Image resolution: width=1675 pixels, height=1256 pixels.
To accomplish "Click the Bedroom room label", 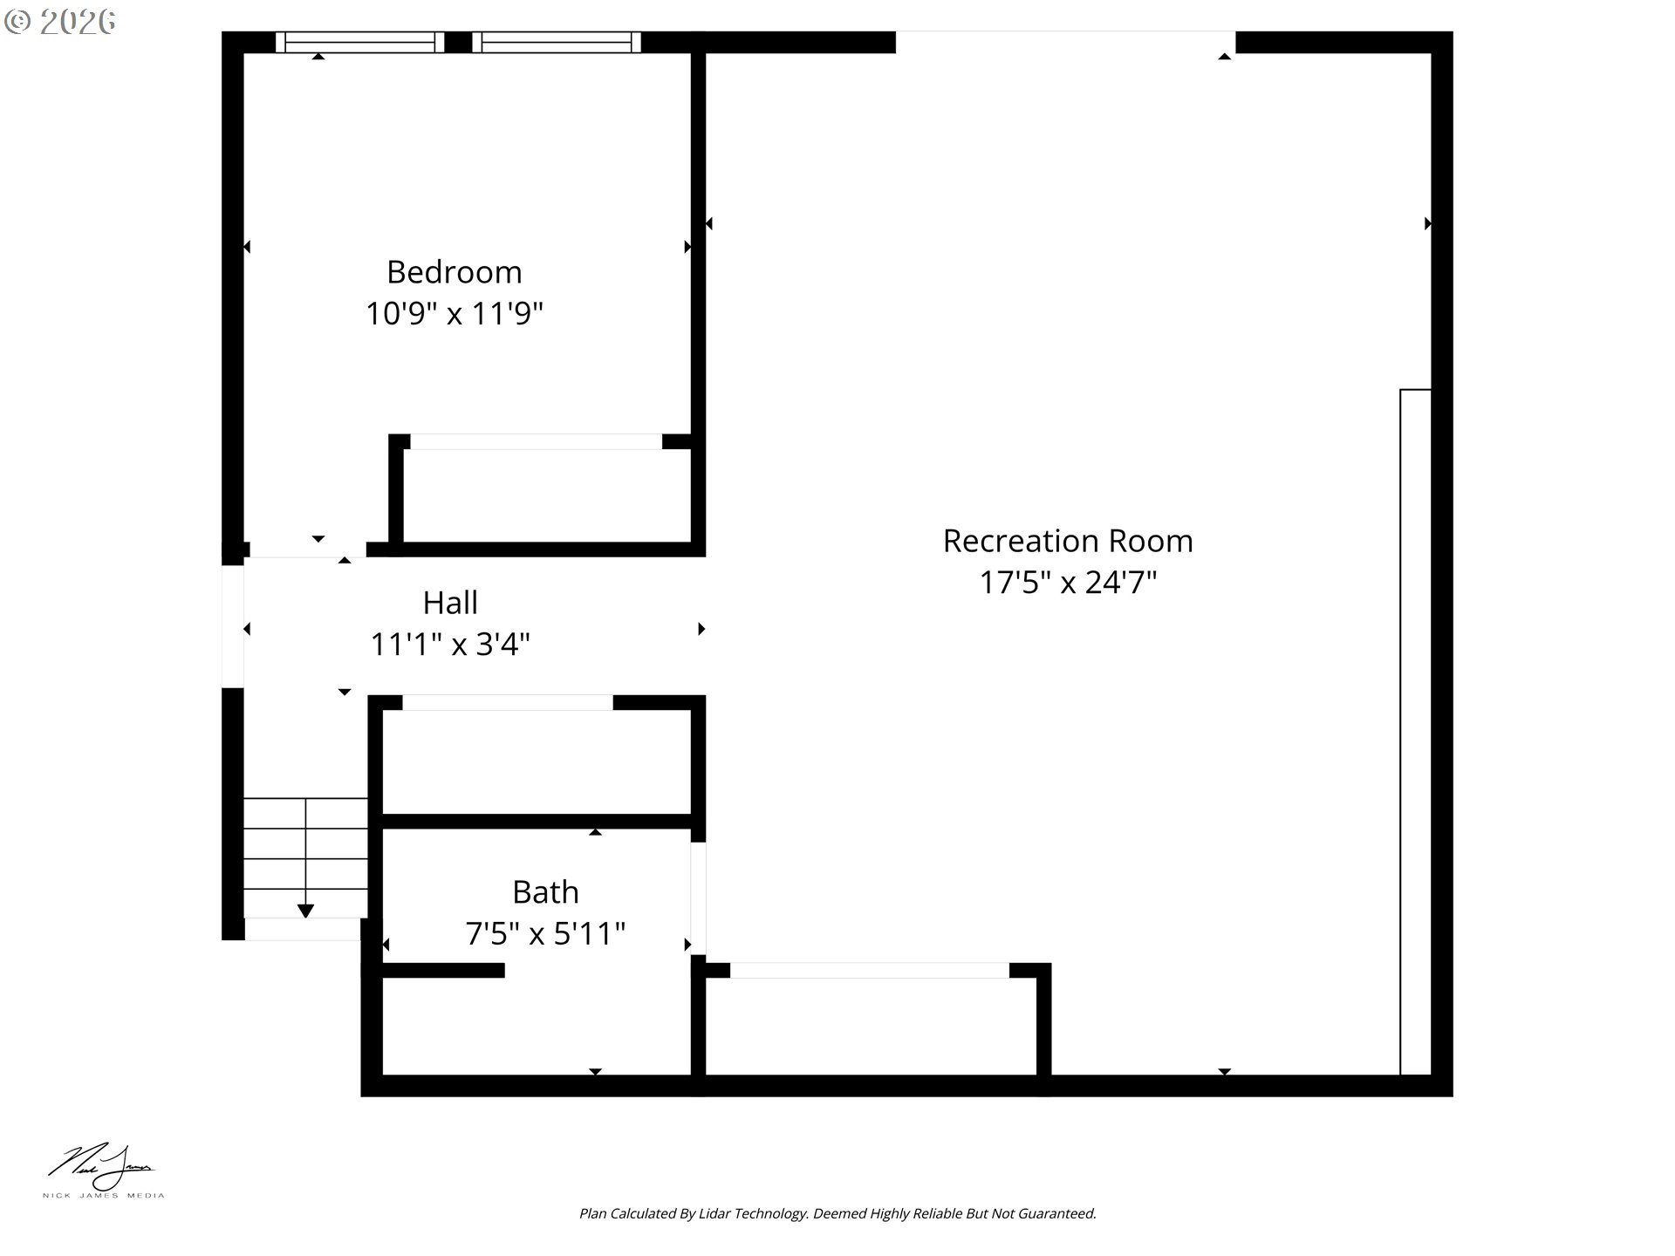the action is click(x=455, y=272).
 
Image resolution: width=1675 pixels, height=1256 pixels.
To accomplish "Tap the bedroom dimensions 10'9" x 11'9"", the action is click(x=455, y=313).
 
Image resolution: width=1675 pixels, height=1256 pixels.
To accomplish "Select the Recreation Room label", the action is click(x=1068, y=541).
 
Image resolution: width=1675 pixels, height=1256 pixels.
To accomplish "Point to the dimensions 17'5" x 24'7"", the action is click(x=1068, y=582).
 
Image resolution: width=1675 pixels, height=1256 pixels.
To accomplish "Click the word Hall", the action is click(x=450, y=603).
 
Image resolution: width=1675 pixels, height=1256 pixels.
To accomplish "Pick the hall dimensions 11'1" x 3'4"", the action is click(x=450, y=645).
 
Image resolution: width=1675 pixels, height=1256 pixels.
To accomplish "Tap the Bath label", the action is click(x=545, y=892).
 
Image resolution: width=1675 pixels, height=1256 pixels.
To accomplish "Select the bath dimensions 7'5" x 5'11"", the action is click(x=545, y=933).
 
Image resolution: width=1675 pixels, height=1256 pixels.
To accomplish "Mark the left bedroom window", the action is click(x=360, y=42).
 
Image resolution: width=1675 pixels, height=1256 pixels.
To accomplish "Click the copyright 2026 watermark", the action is click(x=59, y=22).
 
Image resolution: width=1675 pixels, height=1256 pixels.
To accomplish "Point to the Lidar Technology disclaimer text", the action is click(x=837, y=1213).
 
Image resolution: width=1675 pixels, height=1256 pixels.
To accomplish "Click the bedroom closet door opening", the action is click(x=537, y=441).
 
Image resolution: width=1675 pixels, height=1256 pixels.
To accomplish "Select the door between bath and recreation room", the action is click(x=698, y=898).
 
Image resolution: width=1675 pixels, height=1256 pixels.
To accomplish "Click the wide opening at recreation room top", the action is click(x=1065, y=42).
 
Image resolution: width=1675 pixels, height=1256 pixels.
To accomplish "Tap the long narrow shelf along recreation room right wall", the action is click(x=1415, y=732).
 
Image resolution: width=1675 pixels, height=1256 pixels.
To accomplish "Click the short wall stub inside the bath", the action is click(x=443, y=970).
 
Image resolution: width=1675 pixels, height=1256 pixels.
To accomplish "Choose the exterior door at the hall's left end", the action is click(x=233, y=626).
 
